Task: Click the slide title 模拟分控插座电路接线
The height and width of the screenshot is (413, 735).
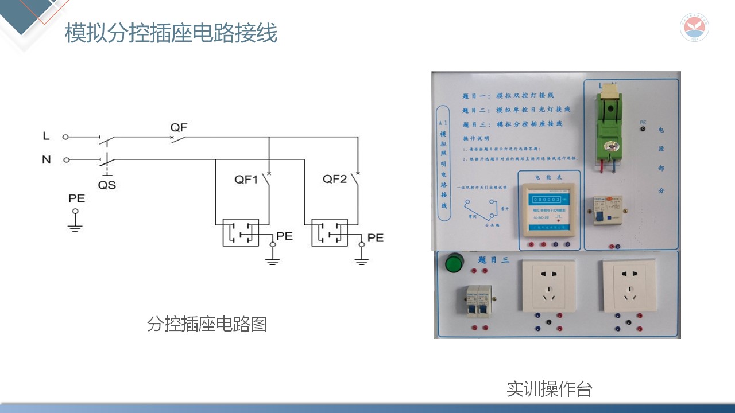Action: pos(171,33)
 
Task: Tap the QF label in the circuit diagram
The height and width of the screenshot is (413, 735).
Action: pos(179,127)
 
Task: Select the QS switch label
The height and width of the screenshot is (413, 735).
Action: pos(107,185)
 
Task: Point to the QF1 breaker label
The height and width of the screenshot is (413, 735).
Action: pos(246,180)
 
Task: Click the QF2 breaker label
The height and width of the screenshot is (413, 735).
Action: pos(335,179)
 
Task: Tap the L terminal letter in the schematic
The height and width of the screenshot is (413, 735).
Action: pos(47,137)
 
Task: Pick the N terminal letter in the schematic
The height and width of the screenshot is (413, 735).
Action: pos(47,160)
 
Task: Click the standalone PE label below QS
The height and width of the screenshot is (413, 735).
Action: pos(76,198)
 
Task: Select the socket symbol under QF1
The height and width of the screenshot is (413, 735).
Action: pos(241,232)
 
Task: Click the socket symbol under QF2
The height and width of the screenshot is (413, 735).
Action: pos(330,232)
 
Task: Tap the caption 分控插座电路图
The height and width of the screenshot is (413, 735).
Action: pos(207,324)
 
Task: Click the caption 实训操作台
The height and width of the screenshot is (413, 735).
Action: pos(549,389)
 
